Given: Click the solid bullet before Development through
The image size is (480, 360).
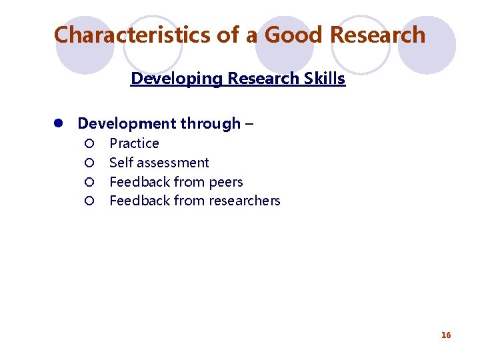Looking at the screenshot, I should pyautogui.click(x=59, y=124).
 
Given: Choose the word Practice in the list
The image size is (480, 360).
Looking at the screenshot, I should pyautogui.click(x=134, y=143).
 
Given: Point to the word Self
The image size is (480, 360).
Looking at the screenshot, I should pyautogui.click(x=120, y=163).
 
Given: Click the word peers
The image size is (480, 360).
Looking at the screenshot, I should pyautogui.click(x=225, y=183).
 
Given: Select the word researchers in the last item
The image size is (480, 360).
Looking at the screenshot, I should pyautogui.click(x=243, y=201).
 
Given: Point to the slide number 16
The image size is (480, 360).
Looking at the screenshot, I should pyautogui.click(x=446, y=335).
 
